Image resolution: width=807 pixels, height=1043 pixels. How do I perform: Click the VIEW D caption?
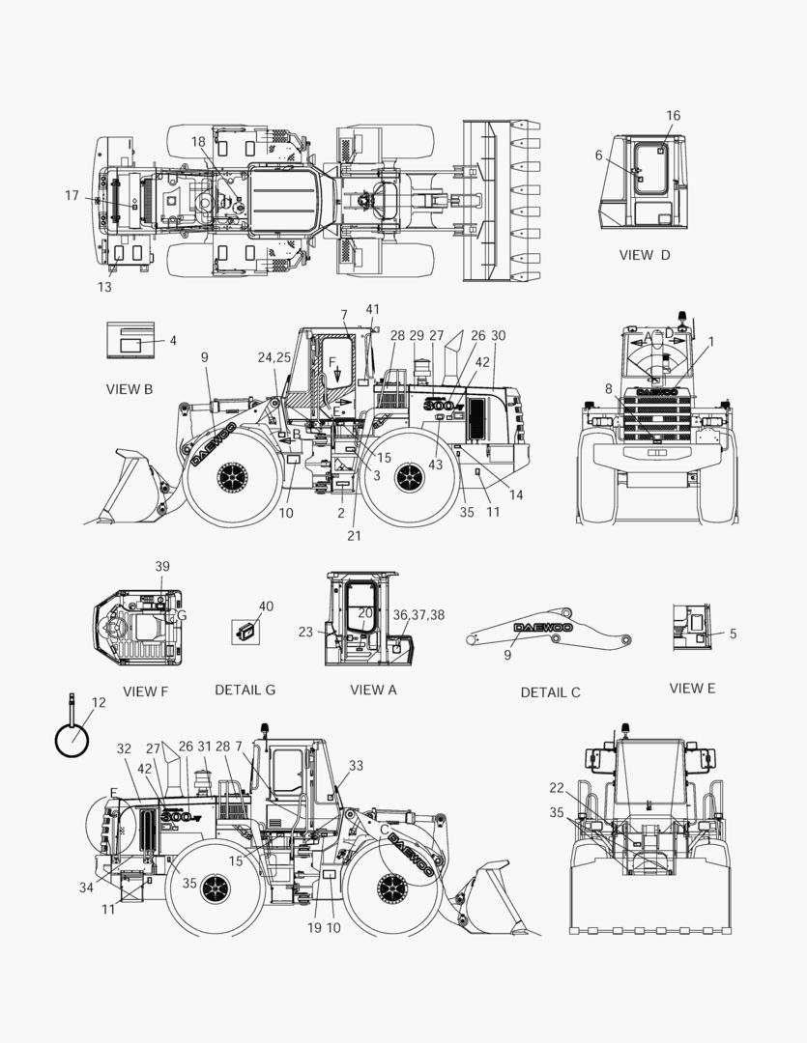click(x=645, y=255)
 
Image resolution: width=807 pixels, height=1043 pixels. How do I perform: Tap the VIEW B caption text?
click(x=130, y=389)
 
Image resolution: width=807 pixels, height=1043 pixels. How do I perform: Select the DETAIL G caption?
click(x=245, y=690)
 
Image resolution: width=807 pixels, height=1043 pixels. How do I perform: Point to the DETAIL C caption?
click(x=550, y=692)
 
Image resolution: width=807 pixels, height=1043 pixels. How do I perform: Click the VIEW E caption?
click(x=692, y=688)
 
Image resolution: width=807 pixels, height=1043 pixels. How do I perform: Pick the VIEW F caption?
click(x=145, y=691)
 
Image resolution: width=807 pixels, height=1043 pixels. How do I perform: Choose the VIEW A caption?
click(x=373, y=690)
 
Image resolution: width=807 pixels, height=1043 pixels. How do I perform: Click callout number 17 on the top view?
click(x=72, y=195)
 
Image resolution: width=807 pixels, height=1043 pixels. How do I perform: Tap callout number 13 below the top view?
click(x=104, y=288)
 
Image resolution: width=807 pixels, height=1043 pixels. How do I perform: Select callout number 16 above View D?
click(x=674, y=116)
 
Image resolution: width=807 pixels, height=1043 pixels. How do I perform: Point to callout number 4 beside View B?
click(x=173, y=341)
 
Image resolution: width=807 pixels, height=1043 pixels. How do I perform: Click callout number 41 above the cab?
click(x=373, y=309)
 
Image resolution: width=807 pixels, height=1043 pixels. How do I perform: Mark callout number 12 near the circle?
click(x=99, y=702)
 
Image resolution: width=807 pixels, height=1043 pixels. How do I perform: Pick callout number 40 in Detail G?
click(x=266, y=606)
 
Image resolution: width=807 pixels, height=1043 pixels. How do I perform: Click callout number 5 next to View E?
click(x=734, y=634)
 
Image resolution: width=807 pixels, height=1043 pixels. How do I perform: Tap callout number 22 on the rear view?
click(x=557, y=788)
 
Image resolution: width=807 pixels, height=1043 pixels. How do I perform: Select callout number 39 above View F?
click(x=162, y=567)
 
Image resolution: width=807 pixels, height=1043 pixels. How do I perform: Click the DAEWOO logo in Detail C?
click(x=543, y=628)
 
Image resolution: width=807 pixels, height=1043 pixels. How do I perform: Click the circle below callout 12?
click(x=72, y=740)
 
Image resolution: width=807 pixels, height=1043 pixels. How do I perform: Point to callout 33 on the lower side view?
click(x=357, y=766)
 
